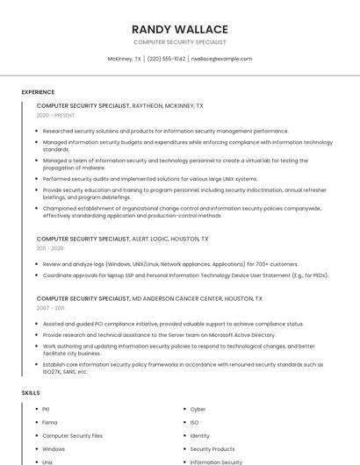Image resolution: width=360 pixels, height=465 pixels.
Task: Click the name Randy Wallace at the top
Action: [x=179, y=29]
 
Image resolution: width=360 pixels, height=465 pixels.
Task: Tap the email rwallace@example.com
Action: [x=221, y=59]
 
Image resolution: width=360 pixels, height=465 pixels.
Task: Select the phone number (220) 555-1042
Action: [x=166, y=59]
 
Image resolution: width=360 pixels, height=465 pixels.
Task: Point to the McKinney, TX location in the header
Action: [x=124, y=59]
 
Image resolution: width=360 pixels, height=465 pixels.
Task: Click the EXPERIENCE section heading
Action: [x=38, y=92]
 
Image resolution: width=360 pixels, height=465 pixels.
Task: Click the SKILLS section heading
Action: [x=31, y=393]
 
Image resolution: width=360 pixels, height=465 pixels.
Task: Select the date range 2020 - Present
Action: [x=56, y=115]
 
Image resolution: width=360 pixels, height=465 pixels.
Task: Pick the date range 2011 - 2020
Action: [x=50, y=248]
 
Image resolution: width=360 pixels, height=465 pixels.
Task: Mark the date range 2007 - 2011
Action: [x=50, y=308]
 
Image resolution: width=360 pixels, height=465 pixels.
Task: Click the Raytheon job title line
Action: [x=119, y=105]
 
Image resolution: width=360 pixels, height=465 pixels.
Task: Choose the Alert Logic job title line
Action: [x=122, y=239]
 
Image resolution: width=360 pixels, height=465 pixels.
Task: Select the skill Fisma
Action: [x=50, y=422]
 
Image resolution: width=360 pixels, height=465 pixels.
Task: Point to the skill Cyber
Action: [x=198, y=409]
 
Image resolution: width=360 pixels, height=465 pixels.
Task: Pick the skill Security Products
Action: [x=212, y=448]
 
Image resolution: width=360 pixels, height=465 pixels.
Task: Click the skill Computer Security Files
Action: [x=72, y=435]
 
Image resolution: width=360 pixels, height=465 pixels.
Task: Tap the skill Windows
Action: [x=54, y=448]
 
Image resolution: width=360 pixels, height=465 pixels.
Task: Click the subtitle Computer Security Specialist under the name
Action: [x=179, y=42]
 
